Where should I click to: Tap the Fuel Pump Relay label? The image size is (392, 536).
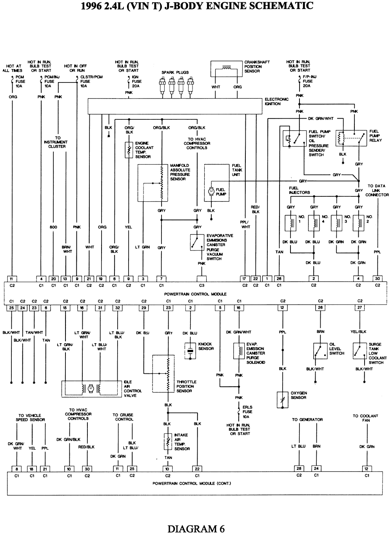pos(375,136)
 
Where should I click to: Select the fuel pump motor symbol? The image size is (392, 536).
pos(211,191)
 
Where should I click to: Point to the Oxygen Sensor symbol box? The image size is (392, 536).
pos(283,399)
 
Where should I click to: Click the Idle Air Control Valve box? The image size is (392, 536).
pos(91,388)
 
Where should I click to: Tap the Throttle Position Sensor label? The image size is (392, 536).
pos(186,386)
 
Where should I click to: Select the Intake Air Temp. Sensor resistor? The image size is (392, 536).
pos(168,442)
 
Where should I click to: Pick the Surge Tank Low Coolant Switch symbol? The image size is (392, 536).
pos(359,350)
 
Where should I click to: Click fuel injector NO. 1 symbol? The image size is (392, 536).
pos(291,223)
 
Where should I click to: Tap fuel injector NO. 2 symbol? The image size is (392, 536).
pos(359,223)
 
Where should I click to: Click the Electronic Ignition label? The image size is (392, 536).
pos(276,102)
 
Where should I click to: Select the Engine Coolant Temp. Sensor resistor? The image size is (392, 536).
pos(129,150)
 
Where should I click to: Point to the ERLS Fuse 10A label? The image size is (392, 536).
pos(247,412)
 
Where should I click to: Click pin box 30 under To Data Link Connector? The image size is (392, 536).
pos(377,278)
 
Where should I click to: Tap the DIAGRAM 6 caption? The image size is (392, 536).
pos(196,529)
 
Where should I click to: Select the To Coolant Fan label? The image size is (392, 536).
pos(365,418)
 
